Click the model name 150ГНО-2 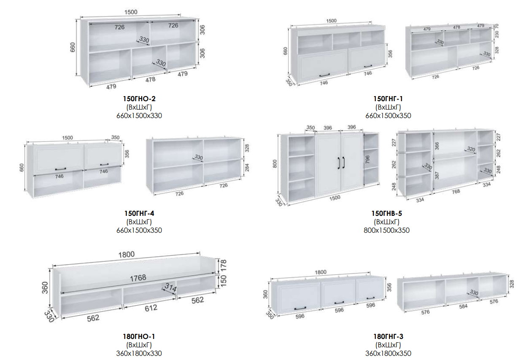coord(139,99)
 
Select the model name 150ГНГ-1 coord(388,99)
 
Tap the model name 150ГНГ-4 coord(139,213)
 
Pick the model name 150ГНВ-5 coord(386,213)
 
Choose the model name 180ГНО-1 coord(139,336)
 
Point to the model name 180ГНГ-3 coord(388,336)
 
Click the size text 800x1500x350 coord(386,230)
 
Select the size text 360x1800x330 coord(139,353)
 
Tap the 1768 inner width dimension coord(138,277)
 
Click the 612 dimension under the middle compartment coord(151,308)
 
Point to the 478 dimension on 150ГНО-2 coord(150,80)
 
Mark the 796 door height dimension coord(367,159)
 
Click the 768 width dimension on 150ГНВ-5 coord(456,191)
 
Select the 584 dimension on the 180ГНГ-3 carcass coord(463,306)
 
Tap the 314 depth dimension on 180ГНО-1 coord(170,287)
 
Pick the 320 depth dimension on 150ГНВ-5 coord(471,149)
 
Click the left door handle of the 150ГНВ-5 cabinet coord(339,163)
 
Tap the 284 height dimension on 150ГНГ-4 coord(247,167)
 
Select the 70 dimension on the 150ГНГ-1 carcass coord(497,26)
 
